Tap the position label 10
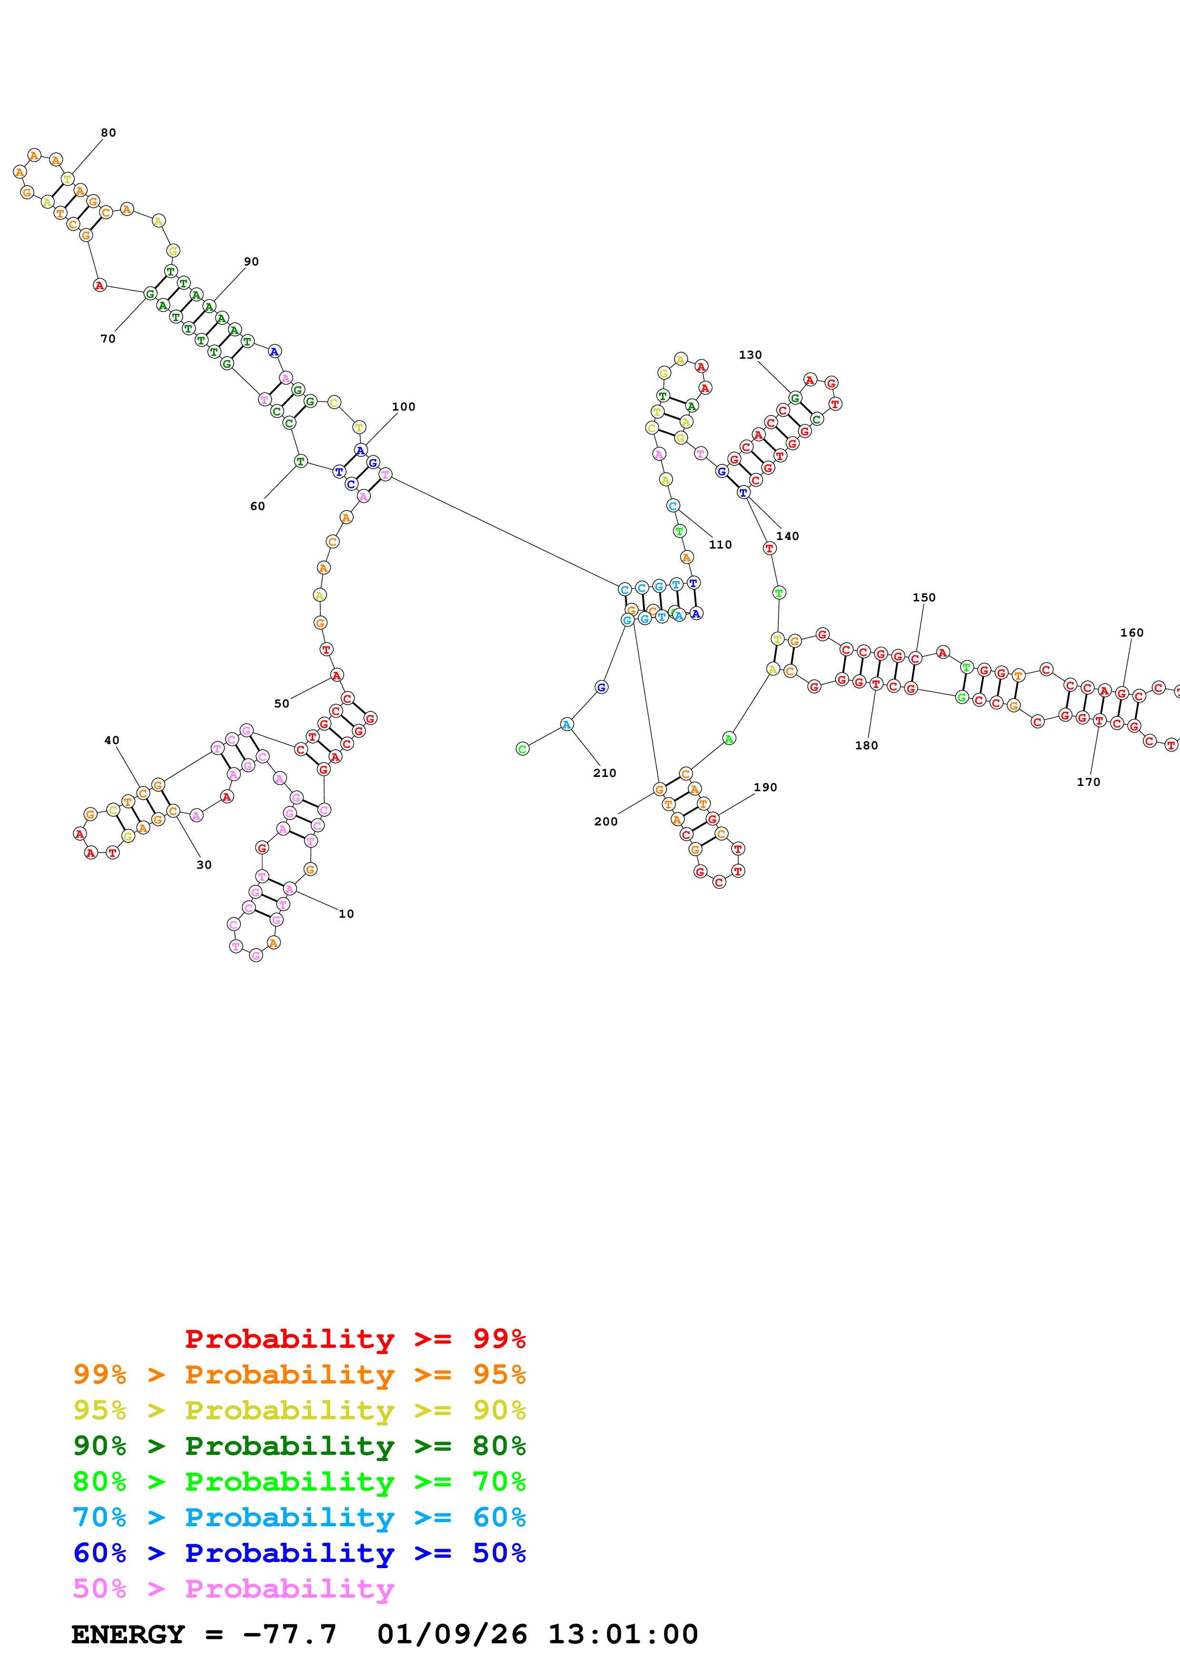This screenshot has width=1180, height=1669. coord(346,914)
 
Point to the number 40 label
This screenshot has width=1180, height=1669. coord(111,740)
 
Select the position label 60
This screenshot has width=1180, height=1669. coord(258,506)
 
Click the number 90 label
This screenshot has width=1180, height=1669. coord(251,262)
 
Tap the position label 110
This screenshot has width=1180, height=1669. coord(720,544)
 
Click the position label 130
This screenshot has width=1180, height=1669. coord(750,355)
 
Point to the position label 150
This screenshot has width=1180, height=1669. coord(923,598)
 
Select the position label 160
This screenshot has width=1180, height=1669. coord(1131,632)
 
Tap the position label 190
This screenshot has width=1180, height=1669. coord(765,787)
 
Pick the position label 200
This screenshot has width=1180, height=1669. coord(605,821)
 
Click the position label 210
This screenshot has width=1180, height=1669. coord(604,773)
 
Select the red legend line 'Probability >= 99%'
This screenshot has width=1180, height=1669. coord(355,1338)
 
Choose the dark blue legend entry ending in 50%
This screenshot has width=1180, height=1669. coord(299,1553)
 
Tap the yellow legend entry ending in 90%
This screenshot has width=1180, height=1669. coord(299,1410)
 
